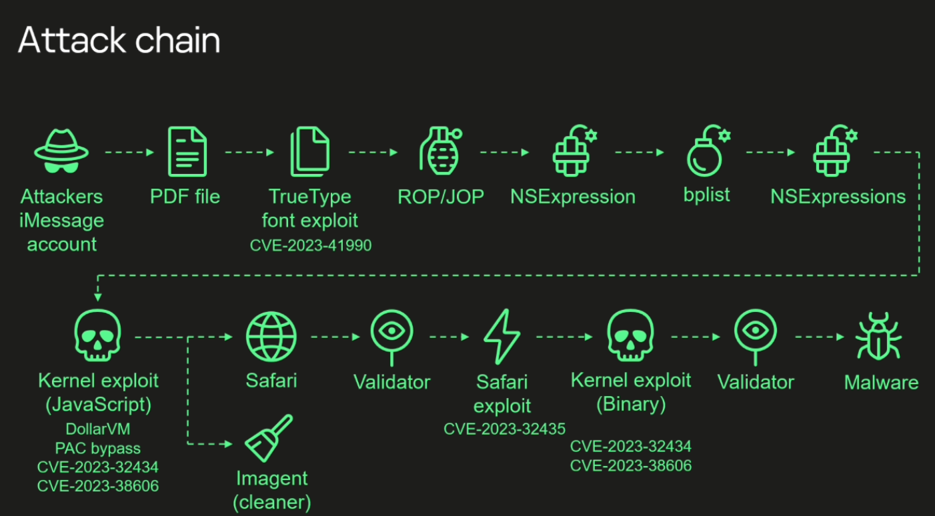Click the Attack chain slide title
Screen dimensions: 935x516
(119, 40)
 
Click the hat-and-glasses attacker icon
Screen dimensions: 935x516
(61, 151)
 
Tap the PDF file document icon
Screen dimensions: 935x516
(187, 151)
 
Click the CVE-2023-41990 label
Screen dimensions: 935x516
(311, 245)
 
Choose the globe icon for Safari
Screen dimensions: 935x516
(271, 336)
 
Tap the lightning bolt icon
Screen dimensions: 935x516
(502, 337)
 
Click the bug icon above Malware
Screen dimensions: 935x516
(878, 336)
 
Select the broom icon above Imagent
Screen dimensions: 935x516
(268, 438)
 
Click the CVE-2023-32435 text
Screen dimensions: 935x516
(504, 429)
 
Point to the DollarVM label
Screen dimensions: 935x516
(97, 429)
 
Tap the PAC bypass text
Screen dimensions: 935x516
(97, 448)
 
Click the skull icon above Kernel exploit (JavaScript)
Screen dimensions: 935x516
(97, 335)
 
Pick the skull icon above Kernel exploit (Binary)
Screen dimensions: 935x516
(630, 335)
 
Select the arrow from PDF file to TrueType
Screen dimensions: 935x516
(249, 152)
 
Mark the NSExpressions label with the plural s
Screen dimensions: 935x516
(838, 197)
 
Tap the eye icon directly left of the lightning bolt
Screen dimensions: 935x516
(391, 337)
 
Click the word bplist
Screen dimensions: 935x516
(707, 195)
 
